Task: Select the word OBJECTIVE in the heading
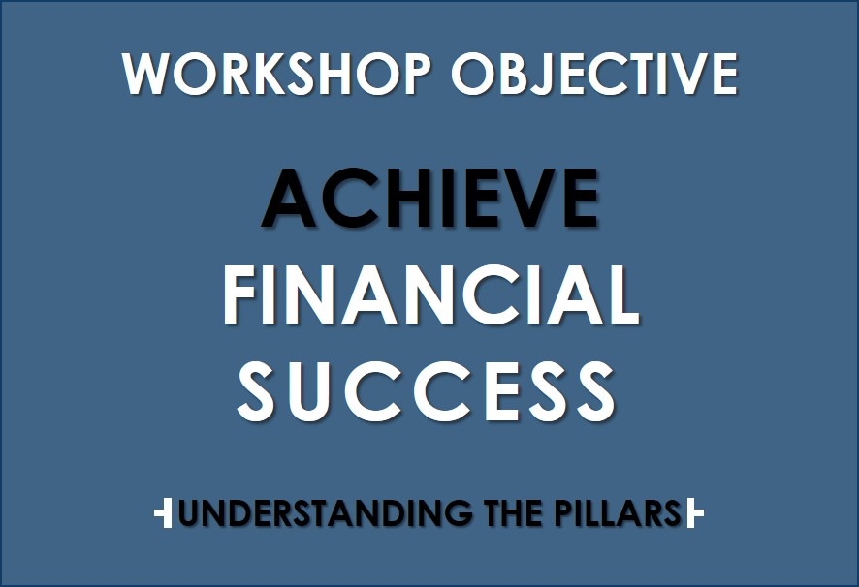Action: point(594,75)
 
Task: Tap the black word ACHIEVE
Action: point(430,198)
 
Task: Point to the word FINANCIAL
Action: point(430,294)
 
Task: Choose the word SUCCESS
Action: point(427,390)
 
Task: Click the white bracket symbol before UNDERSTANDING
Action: point(163,512)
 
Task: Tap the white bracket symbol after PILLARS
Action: point(694,512)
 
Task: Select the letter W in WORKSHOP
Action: point(146,74)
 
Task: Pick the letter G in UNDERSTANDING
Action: point(457,512)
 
